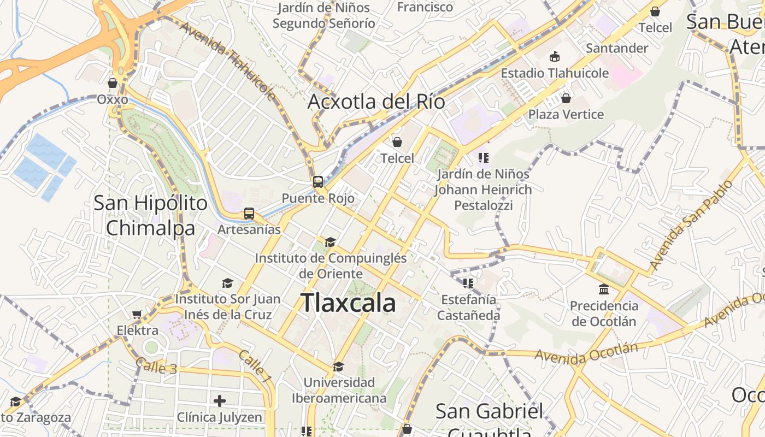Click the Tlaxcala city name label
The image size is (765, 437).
[x=348, y=303]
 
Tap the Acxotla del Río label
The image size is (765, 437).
[x=376, y=102]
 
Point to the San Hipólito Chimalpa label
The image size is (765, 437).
[x=150, y=215]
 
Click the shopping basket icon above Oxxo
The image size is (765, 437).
[x=113, y=84]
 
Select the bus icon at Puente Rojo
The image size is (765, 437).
[x=318, y=182]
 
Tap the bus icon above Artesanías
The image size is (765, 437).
[x=249, y=214]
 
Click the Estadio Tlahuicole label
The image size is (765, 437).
[x=555, y=73]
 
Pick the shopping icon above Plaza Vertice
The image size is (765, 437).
[x=566, y=98]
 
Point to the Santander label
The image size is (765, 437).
[x=617, y=48]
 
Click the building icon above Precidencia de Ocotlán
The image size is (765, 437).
[x=604, y=289]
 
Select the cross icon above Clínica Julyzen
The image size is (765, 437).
[x=220, y=401]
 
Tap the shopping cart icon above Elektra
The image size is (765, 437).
[x=137, y=314]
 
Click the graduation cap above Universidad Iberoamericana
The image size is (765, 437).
[x=339, y=367]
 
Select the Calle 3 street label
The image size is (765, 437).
[x=156, y=365]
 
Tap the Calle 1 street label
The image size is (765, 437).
[x=255, y=365]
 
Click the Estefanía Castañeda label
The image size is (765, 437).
[x=468, y=307]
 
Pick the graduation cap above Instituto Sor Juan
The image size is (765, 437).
[x=227, y=283]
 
